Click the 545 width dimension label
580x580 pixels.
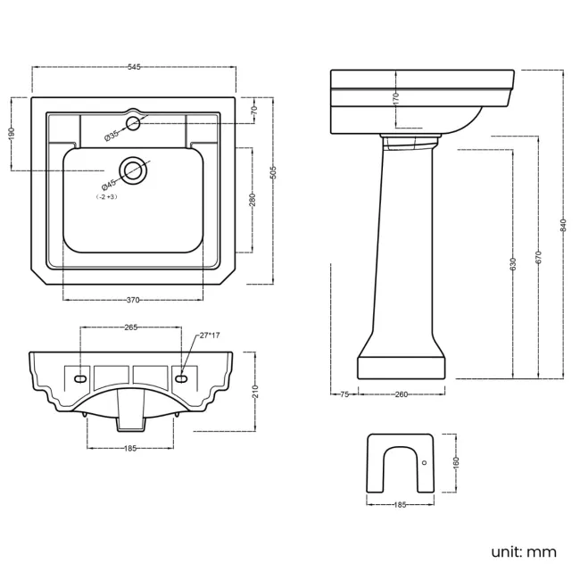(x=134, y=68)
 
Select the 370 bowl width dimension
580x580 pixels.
(x=134, y=300)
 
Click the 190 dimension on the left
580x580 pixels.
(x=12, y=132)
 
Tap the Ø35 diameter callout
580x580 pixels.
(x=112, y=135)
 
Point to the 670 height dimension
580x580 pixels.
(x=539, y=256)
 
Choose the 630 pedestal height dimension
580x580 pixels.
(x=513, y=264)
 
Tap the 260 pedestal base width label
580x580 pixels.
(x=401, y=394)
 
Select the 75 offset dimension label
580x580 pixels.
(x=343, y=394)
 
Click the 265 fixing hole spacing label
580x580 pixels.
(x=130, y=328)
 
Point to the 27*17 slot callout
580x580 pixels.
(x=211, y=336)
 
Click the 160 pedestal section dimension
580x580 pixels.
(x=456, y=462)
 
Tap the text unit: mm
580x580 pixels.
(x=524, y=551)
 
